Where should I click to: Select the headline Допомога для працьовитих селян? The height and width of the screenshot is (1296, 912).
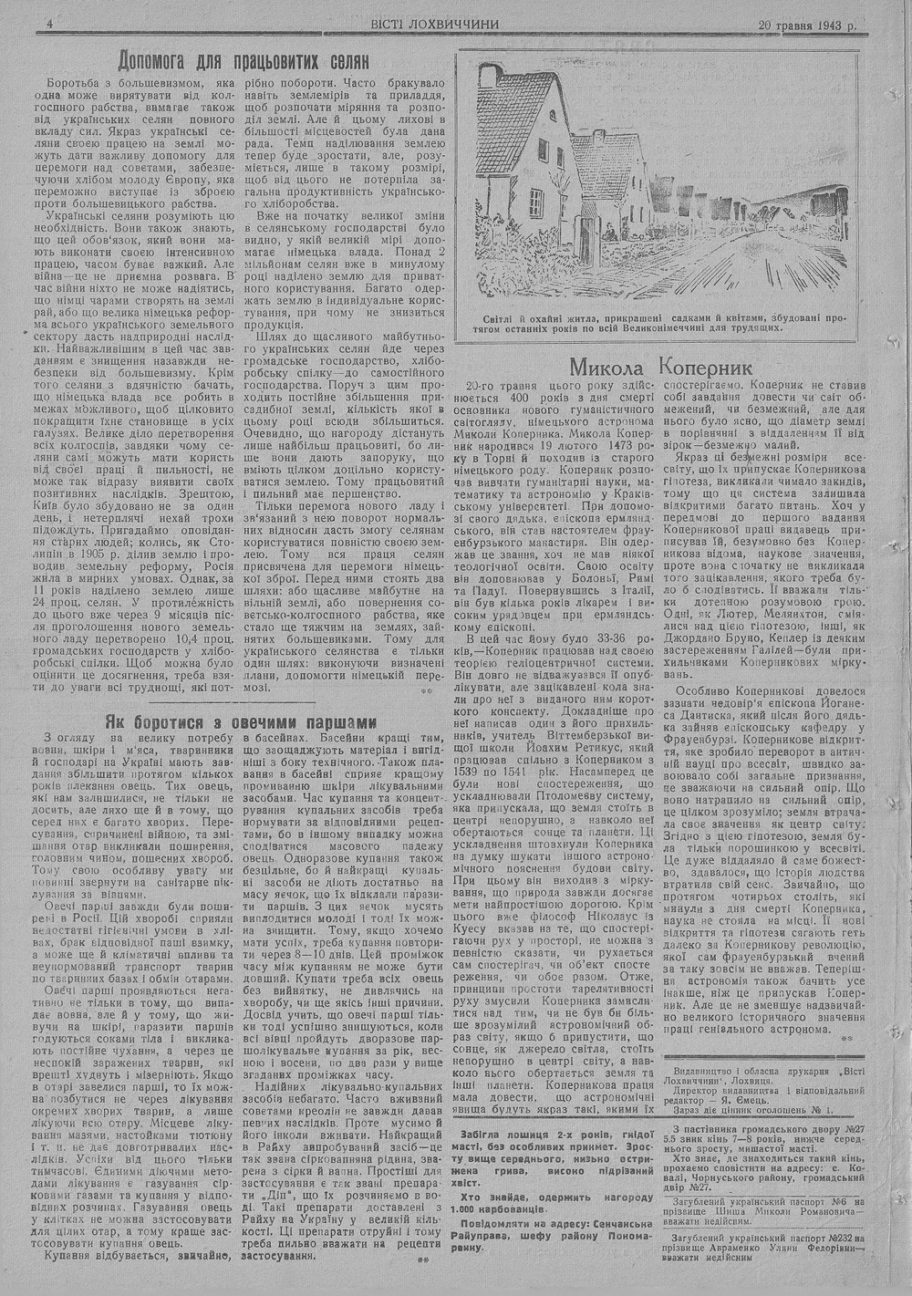244,62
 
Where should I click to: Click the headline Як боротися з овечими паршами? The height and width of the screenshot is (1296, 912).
241,721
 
